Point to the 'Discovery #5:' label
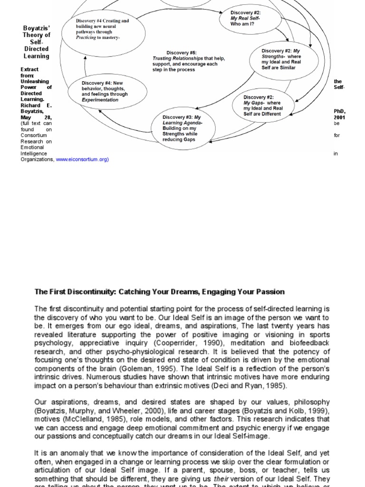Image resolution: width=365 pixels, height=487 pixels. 181,52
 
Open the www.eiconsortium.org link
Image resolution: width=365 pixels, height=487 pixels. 82,159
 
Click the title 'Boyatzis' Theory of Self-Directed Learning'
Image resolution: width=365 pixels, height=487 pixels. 37,42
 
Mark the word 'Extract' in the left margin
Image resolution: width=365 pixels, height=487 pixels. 29,69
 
